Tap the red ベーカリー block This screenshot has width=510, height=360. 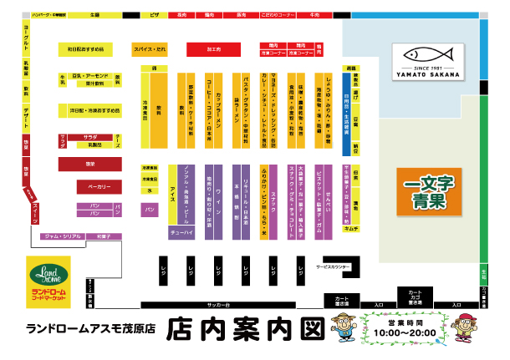click(x=89, y=186)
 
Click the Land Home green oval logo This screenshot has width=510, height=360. click(x=48, y=275)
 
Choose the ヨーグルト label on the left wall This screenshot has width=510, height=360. click(x=28, y=40)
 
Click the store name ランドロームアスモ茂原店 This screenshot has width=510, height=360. click(x=92, y=328)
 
